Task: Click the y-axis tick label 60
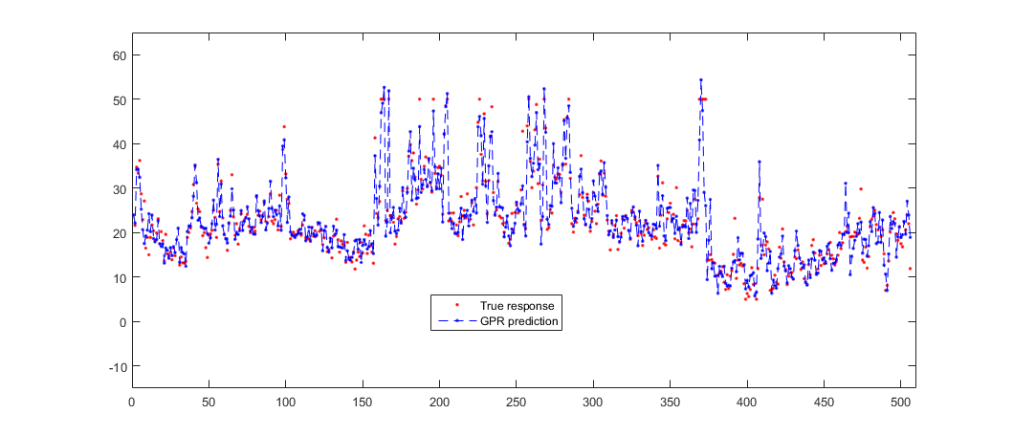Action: click(x=119, y=55)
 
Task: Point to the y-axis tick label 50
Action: click(x=119, y=99)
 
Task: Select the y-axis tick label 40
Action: click(x=119, y=144)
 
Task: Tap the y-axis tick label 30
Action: click(x=119, y=188)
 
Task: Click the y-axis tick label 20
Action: click(x=119, y=233)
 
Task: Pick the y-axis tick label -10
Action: click(x=116, y=366)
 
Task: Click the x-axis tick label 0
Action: click(x=132, y=403)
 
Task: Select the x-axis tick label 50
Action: click(x=209, y=403)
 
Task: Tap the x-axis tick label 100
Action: click(x=286, y=403)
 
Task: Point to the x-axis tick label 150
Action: click(x=363, y=403)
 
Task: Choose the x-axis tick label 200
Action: click(x=440, y=403)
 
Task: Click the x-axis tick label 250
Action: click(x=517, y=403)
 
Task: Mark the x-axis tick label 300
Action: click(x=594, y=403)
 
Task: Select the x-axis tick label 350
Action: click(x=671, y=403)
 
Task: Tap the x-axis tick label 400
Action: click(x=748, y=403)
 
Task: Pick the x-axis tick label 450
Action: click(x=825, y=403)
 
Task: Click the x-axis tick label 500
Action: click(x=902, y=403)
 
